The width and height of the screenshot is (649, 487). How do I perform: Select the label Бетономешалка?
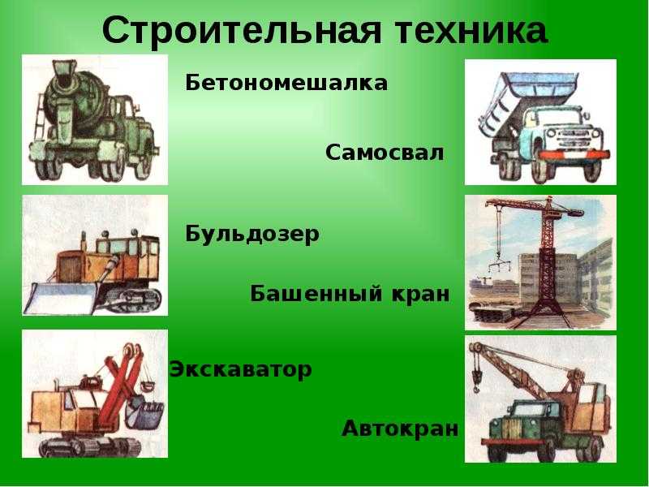click(286, 84)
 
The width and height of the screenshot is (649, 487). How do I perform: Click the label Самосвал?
click(384, 153)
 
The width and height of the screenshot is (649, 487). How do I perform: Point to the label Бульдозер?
click(252, 235)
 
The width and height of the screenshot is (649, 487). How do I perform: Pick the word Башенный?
click(316, 294)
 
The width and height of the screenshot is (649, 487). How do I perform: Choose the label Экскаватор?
click(240, 369)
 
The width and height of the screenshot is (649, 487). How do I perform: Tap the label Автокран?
click(400, 429)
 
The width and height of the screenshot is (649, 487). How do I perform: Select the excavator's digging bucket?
click(145, 413)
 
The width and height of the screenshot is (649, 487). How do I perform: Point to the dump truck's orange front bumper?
click(574, 154)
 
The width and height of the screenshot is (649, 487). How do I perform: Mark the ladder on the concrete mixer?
click(40, 117)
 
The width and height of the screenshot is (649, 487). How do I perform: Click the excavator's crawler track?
click(90, 446)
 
